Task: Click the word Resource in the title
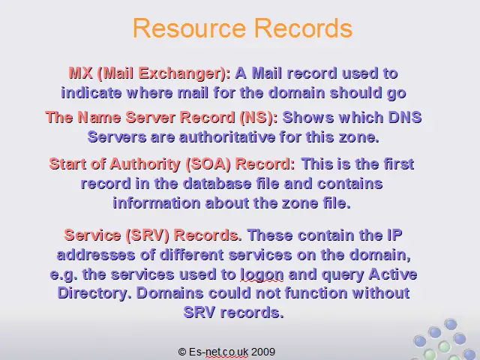click(190, 28)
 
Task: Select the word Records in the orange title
click(304, 28)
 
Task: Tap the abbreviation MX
click(80, 73)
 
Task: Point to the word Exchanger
click(182, 73)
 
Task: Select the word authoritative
click(227, 136)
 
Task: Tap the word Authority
click(145, 164)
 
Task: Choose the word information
click(157, 203)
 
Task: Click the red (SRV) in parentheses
click(147, 235)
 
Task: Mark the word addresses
click(96, 255)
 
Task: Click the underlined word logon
click(262, 274)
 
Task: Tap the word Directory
click(92, 293)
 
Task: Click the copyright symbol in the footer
click(182, 352)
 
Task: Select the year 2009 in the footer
click(263, 352)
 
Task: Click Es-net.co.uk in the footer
click(218, 352)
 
